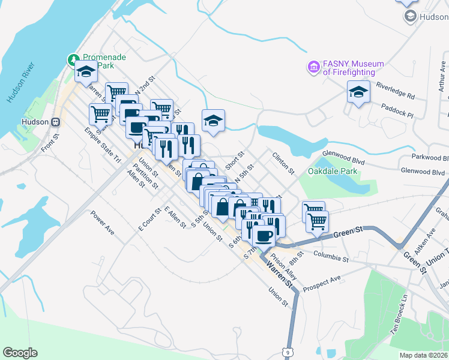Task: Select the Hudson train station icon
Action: (56, 121)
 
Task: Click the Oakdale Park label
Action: (332, 171)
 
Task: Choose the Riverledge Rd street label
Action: (395, 90)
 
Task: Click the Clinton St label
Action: (283, 163)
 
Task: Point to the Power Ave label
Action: (102, 221)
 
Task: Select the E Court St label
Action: (149, 220)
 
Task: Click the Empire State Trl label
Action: (103, 144)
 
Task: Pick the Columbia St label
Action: (331, 256)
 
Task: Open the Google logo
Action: (20, 352)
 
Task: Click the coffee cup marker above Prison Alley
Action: (264, 235)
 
